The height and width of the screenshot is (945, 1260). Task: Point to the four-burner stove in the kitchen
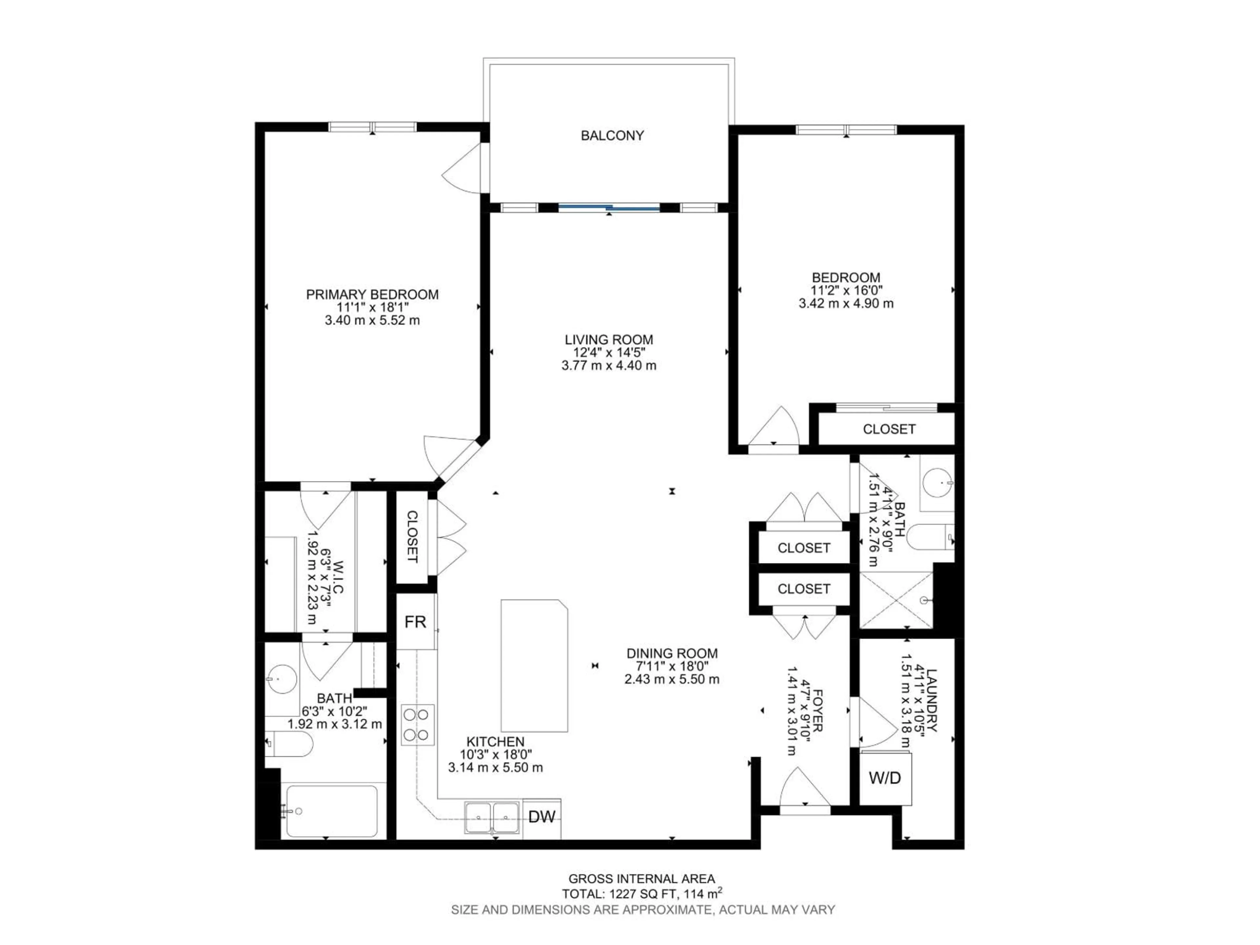tap(417, 724)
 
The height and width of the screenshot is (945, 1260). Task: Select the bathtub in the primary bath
tap(331, 812)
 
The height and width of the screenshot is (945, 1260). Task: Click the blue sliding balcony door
tap(608, 208)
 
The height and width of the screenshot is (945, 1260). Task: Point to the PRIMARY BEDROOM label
tap(372, 295)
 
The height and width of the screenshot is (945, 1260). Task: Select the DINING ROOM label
tap(672, 653)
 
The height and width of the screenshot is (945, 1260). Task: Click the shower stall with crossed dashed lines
tap(895, 600)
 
